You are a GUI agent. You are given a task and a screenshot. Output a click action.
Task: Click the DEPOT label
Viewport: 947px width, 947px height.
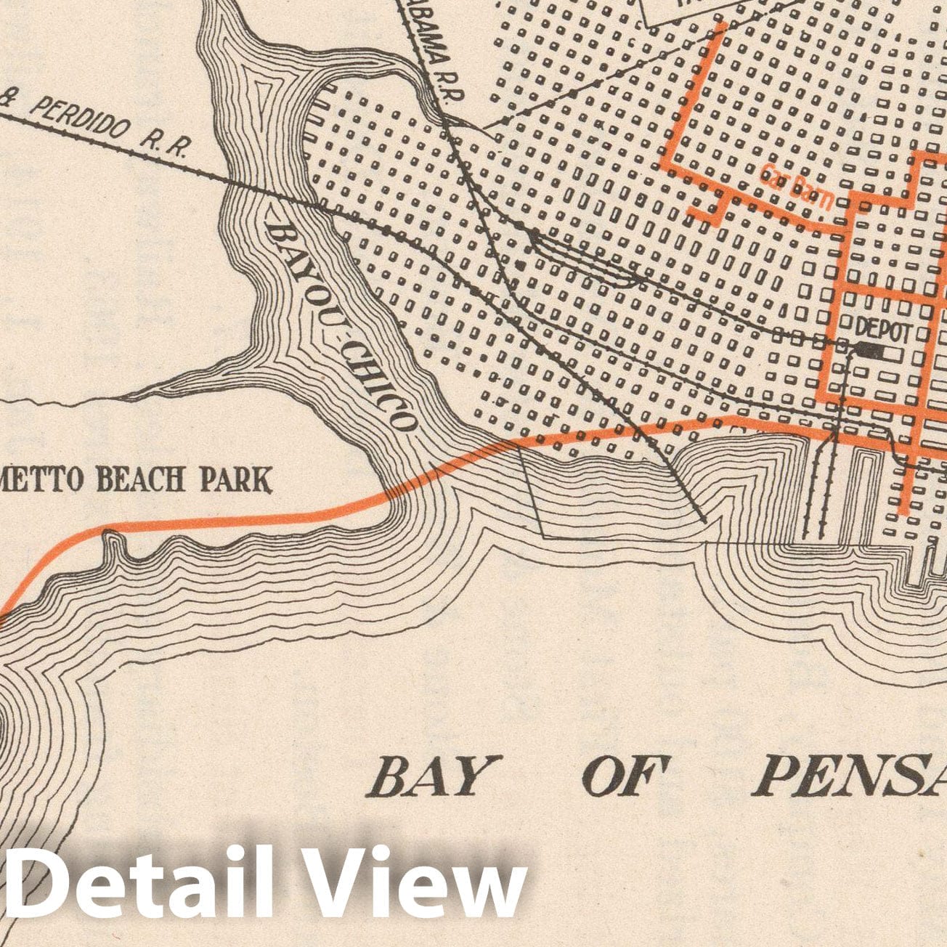[x=882, y=330]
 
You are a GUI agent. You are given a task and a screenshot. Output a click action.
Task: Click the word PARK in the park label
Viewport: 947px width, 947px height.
[x=236, y=479]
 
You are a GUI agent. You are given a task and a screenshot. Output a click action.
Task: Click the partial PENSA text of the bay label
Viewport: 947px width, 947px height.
[x=850, y=776]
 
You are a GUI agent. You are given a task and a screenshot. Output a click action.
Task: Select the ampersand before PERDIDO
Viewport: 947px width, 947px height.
[x=13, y=100]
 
